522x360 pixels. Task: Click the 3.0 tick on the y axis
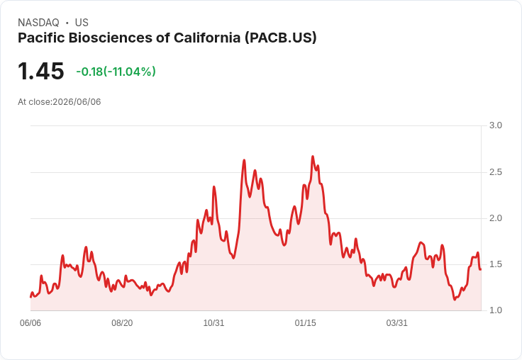coord(495,125)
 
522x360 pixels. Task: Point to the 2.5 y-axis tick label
coord(495,172)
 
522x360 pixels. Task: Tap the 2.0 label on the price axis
coord(495,218)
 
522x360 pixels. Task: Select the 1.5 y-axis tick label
coord(495,264)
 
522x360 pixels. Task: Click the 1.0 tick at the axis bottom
coord(495,310)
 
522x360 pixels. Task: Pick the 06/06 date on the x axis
coord(30,323)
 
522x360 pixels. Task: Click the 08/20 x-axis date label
coord(122,323)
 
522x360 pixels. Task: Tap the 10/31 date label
coord(213,323)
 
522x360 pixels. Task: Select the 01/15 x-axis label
coord(305,323)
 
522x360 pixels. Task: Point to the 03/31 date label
coord(397,323)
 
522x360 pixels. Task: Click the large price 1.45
coord(40,71)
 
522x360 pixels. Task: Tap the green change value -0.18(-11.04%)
coord(116,72)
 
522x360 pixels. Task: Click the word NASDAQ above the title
coord(38,23)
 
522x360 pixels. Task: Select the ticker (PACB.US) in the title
coord(281,38)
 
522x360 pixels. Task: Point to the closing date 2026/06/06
coord(77,102)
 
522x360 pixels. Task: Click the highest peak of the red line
coord(313,156)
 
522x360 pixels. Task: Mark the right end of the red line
coord(481,269)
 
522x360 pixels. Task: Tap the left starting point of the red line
coord(30,297)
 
